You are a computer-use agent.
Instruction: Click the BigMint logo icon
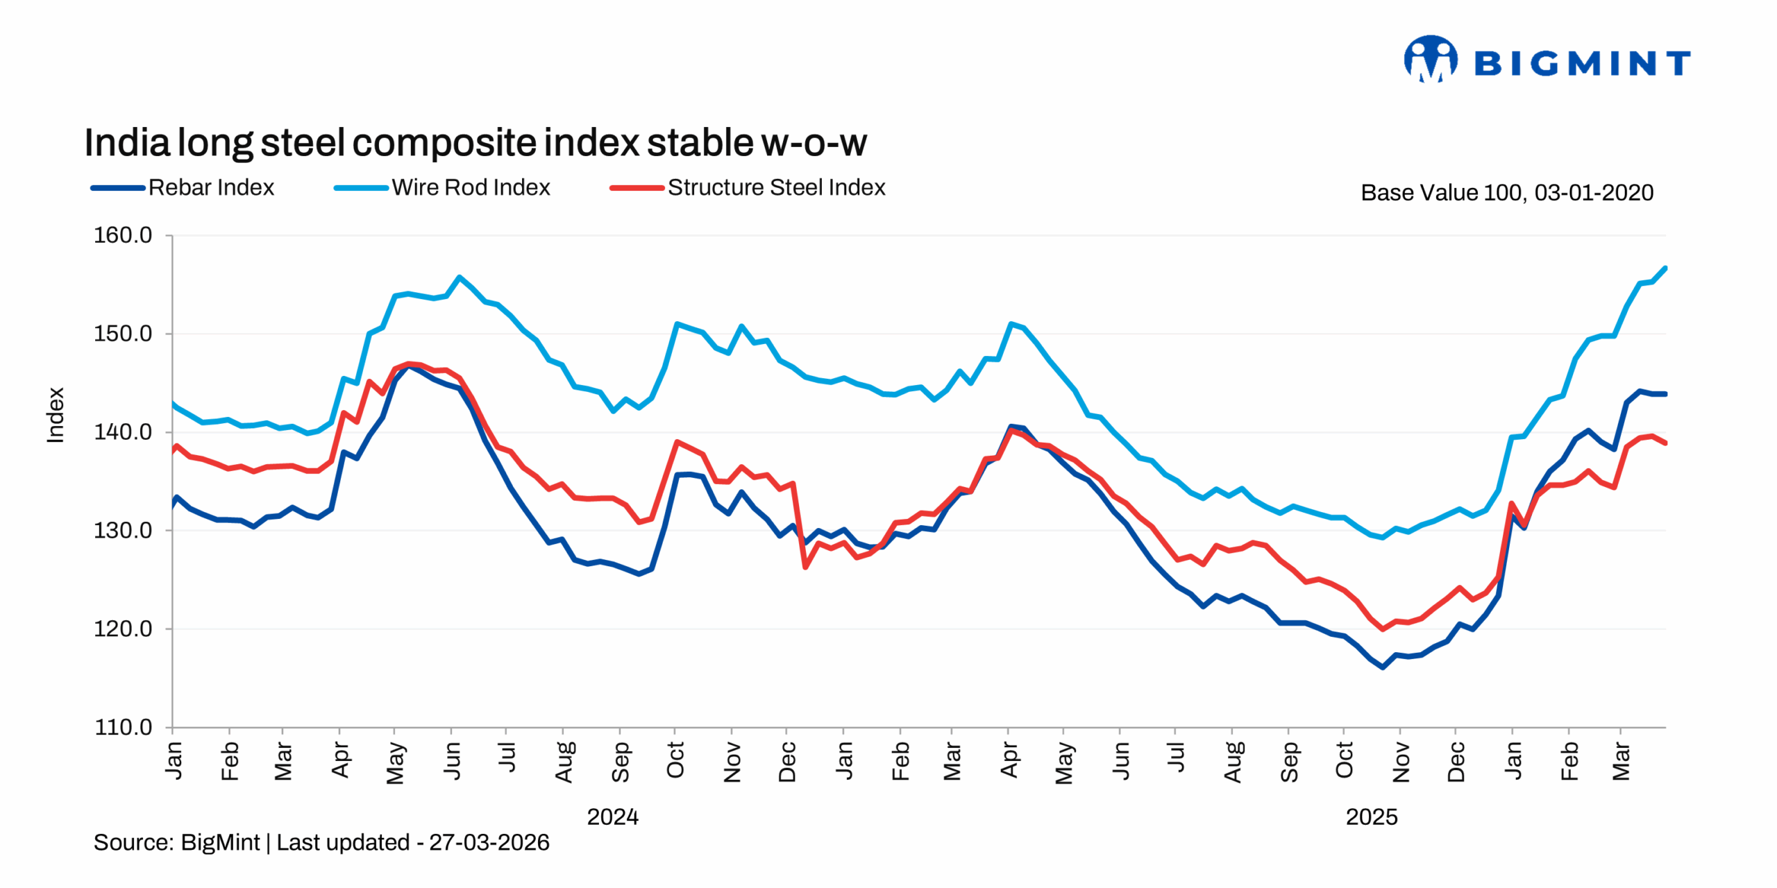(x=1430, y=60)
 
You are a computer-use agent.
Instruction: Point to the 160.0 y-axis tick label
(x=123, y=236)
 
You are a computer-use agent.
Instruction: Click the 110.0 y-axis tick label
(x=123, y=727)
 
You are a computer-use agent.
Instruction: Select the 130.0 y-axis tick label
(x=123, y=531)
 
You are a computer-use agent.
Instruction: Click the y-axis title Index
(x=56, y=415)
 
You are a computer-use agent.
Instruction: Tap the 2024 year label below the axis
(x=612, y=817)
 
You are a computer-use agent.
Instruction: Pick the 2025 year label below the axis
(x=1371, y=817)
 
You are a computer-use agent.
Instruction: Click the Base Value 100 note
(x=1506, y=193)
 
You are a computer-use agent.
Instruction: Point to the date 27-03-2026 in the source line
(x=489, y=842)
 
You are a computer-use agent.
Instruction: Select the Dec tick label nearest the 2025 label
(x=1456, y=761)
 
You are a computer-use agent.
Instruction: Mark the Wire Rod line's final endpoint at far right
(x=1665, y=268)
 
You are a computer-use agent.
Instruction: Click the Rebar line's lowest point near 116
(x=1382, y=667)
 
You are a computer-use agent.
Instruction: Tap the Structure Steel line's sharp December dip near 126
(x=805, y=567)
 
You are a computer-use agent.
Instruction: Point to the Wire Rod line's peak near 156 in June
(x=459, y=277)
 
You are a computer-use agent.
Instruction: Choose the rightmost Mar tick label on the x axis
(x=1621, y=761)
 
